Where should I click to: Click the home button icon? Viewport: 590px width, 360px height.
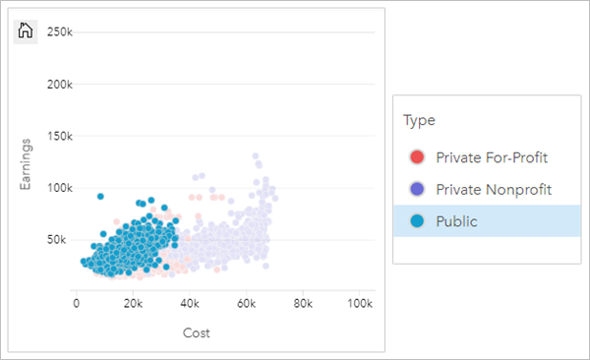pos(27,30)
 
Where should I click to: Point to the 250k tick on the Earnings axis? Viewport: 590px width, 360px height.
pos(60,32)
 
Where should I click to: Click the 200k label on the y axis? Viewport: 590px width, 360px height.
pos(60,85)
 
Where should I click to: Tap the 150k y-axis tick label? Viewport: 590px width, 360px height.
pos(60,136)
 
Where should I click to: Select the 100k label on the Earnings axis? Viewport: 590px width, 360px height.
pos(60,188)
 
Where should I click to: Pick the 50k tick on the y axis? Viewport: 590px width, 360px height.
pos(63,239)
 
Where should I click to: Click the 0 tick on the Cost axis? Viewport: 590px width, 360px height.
pos(77,304)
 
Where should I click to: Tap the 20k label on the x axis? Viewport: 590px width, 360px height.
pos(134,304)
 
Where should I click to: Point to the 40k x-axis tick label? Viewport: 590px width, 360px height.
pos(191,304)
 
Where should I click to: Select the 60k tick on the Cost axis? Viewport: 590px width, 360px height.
pos(247,304)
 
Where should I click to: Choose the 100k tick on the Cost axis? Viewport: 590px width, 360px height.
pos(359,304)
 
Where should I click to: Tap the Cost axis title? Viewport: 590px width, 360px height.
pos(197,332)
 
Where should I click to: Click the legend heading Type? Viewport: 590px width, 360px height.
pos(419,120)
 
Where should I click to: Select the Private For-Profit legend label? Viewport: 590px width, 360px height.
pos(492,156)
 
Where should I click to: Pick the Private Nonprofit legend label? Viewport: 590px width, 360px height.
pos(494,189)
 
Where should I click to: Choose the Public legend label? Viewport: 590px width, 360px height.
pos(456,221)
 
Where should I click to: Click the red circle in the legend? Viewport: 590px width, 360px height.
pos(417,156)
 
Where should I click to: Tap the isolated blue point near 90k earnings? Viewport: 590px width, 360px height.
pos(100,196)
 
